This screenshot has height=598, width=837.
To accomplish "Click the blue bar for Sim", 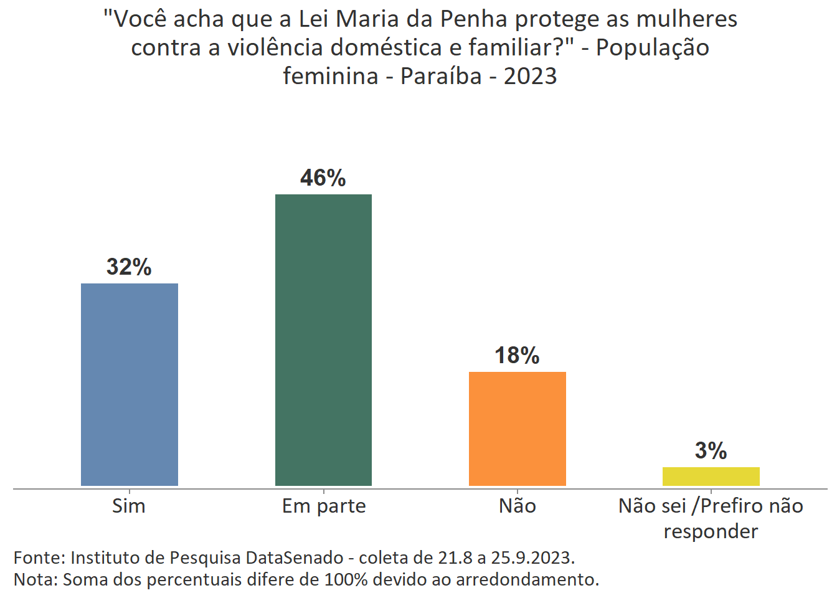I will coord(130,384).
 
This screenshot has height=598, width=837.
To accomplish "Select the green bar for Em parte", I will coord(323,339).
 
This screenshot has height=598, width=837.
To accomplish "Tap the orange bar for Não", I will coord(517,429).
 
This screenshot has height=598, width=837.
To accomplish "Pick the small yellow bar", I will coord(711,476).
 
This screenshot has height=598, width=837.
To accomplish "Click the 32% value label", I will coord(129,267).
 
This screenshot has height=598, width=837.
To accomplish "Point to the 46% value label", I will coord(323,178).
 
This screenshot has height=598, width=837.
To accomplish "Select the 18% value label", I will coord(517,356).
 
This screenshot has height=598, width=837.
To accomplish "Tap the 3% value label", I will coord(711,451).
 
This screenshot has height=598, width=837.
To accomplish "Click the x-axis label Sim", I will coord(129,506).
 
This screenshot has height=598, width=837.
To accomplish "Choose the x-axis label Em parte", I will coord(324,506).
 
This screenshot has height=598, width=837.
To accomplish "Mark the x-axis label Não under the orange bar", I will coord(517,506).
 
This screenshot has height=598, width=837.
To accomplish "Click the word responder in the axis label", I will coord(711,531).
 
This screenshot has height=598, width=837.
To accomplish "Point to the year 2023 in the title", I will coord(530,76).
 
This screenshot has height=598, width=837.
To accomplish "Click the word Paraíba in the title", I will coord(441,76).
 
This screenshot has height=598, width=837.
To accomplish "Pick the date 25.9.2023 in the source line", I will coord(532,557).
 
